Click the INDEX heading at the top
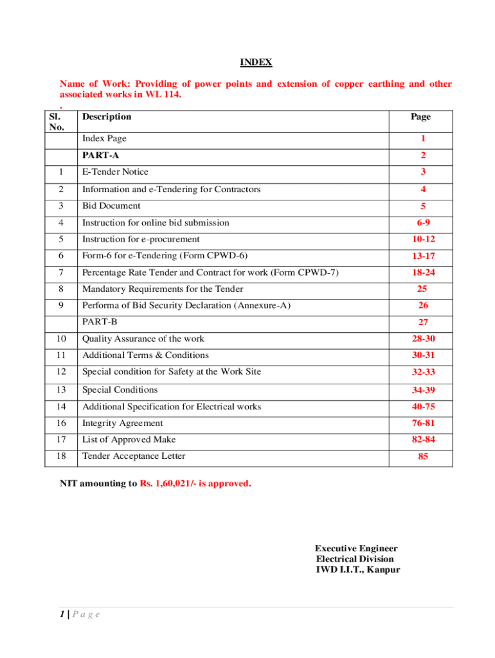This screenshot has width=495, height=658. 256,62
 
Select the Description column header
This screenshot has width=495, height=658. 106,117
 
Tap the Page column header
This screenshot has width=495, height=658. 420,117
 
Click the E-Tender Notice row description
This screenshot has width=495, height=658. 115,172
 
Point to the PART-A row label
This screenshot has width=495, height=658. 100,155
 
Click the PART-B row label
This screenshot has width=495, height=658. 100,321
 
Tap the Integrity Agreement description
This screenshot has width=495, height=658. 123,423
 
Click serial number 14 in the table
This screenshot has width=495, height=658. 60,407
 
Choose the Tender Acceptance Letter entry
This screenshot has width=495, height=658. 134,456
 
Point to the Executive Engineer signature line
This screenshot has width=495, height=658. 355,548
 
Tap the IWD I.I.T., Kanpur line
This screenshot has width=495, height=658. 357,569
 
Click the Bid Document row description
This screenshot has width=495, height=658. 111,206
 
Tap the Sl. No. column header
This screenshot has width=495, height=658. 57,121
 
